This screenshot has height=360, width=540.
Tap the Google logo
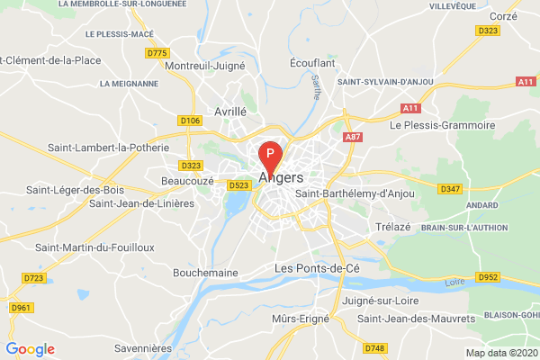[30, 349]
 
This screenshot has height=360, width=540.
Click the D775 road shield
[157, 53]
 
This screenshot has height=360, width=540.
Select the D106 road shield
[189, 120]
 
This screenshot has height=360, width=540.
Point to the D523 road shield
[238, 185]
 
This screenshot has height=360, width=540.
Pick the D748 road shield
[375, 346]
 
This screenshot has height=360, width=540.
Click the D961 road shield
[20, 308]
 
